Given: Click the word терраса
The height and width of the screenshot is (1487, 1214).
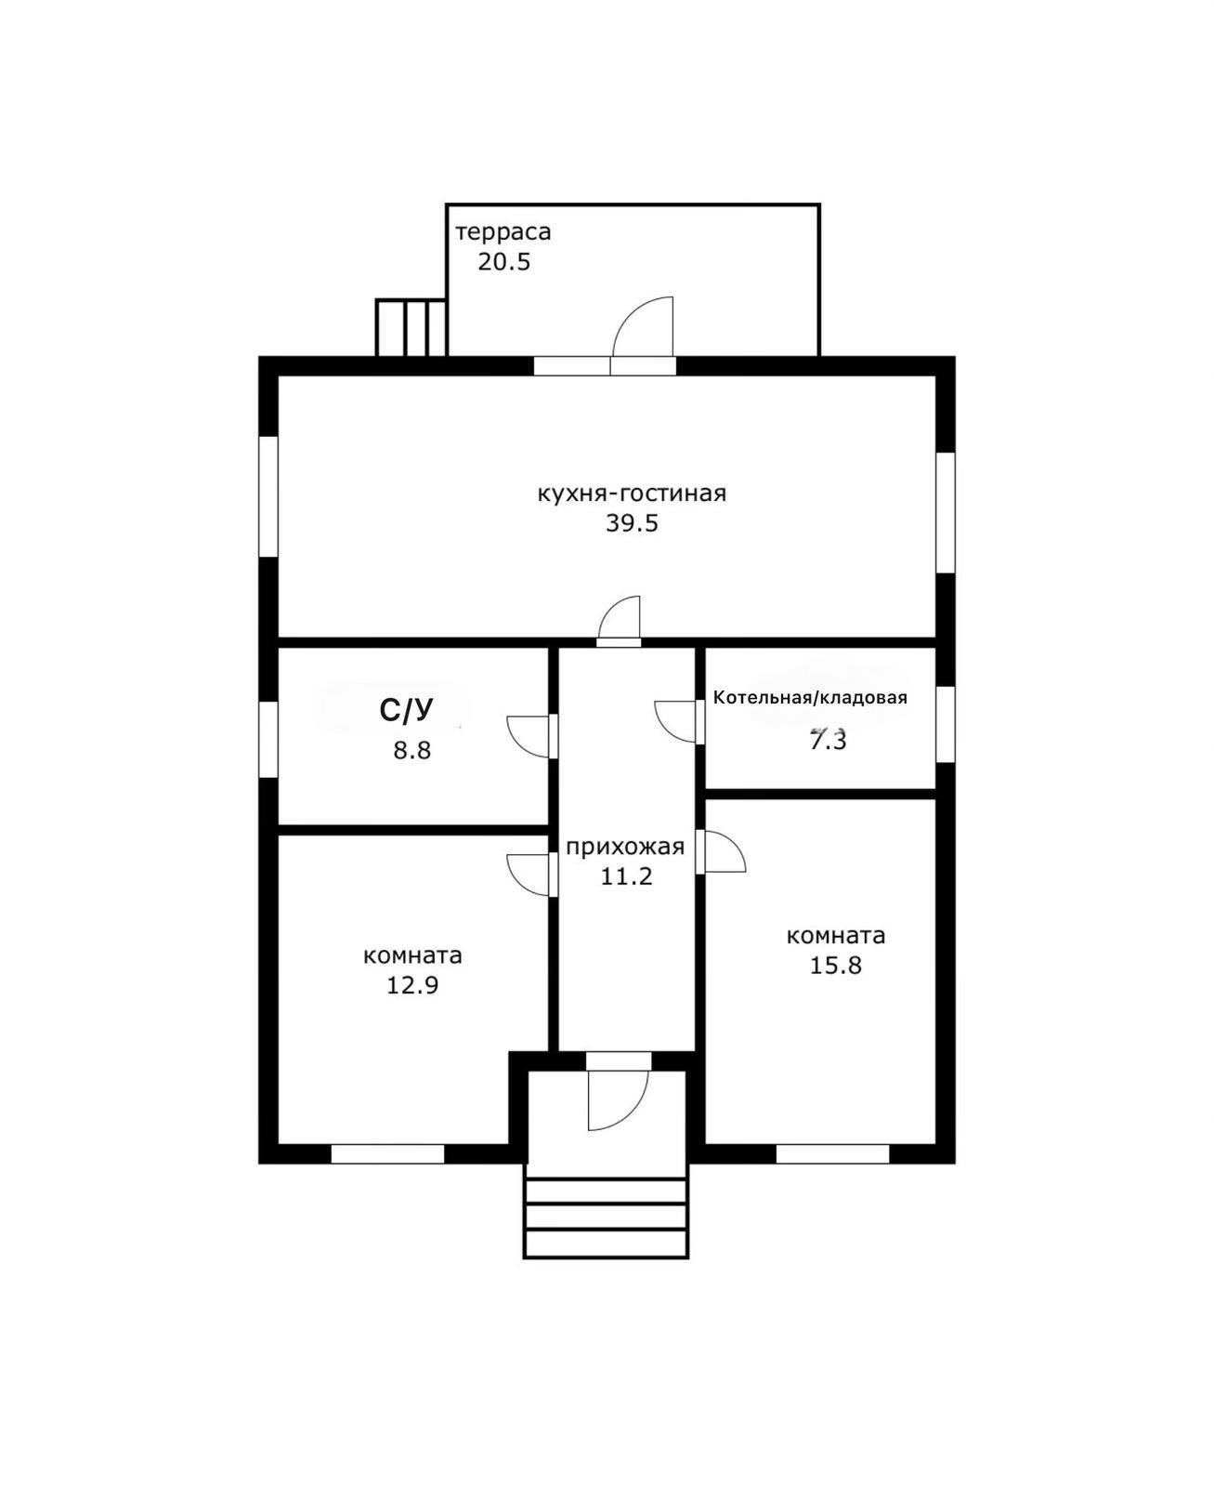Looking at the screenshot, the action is [503, 232].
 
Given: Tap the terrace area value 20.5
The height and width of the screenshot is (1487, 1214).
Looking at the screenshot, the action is [503, 262].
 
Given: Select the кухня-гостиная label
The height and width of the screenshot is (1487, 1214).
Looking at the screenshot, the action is [632, 493].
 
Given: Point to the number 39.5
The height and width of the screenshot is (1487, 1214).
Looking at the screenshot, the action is [632, 523].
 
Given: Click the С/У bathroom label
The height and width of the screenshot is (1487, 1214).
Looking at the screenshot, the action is [406, 711].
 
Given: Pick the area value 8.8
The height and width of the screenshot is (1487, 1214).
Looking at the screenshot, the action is [412, 750].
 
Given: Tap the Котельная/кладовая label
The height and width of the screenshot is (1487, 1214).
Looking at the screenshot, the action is [810, 697].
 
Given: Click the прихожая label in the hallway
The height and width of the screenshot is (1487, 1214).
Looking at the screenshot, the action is [625, 846].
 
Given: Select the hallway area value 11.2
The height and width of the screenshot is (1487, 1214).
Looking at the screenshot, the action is [626, 875].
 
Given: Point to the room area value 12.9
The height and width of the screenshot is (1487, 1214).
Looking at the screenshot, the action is [412, 985].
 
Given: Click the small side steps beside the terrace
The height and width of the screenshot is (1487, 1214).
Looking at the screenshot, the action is [411, 328].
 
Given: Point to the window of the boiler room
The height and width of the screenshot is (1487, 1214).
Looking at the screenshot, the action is [946, 723].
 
